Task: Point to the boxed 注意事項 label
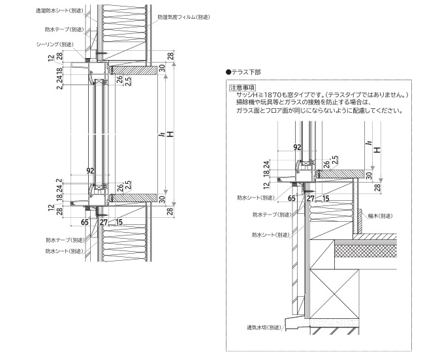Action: point(241,87)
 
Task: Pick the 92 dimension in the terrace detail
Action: point(297,148)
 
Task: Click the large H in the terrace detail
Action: point(377,149)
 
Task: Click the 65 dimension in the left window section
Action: point(85,222)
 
